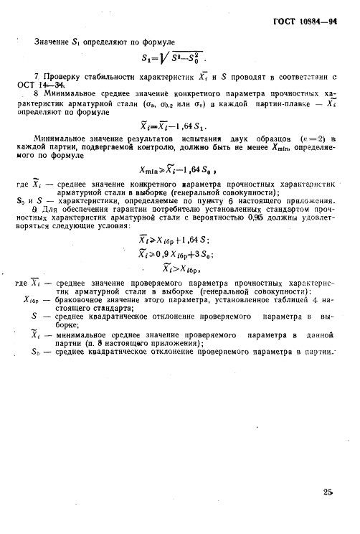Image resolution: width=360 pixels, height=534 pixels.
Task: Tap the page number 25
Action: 328,492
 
